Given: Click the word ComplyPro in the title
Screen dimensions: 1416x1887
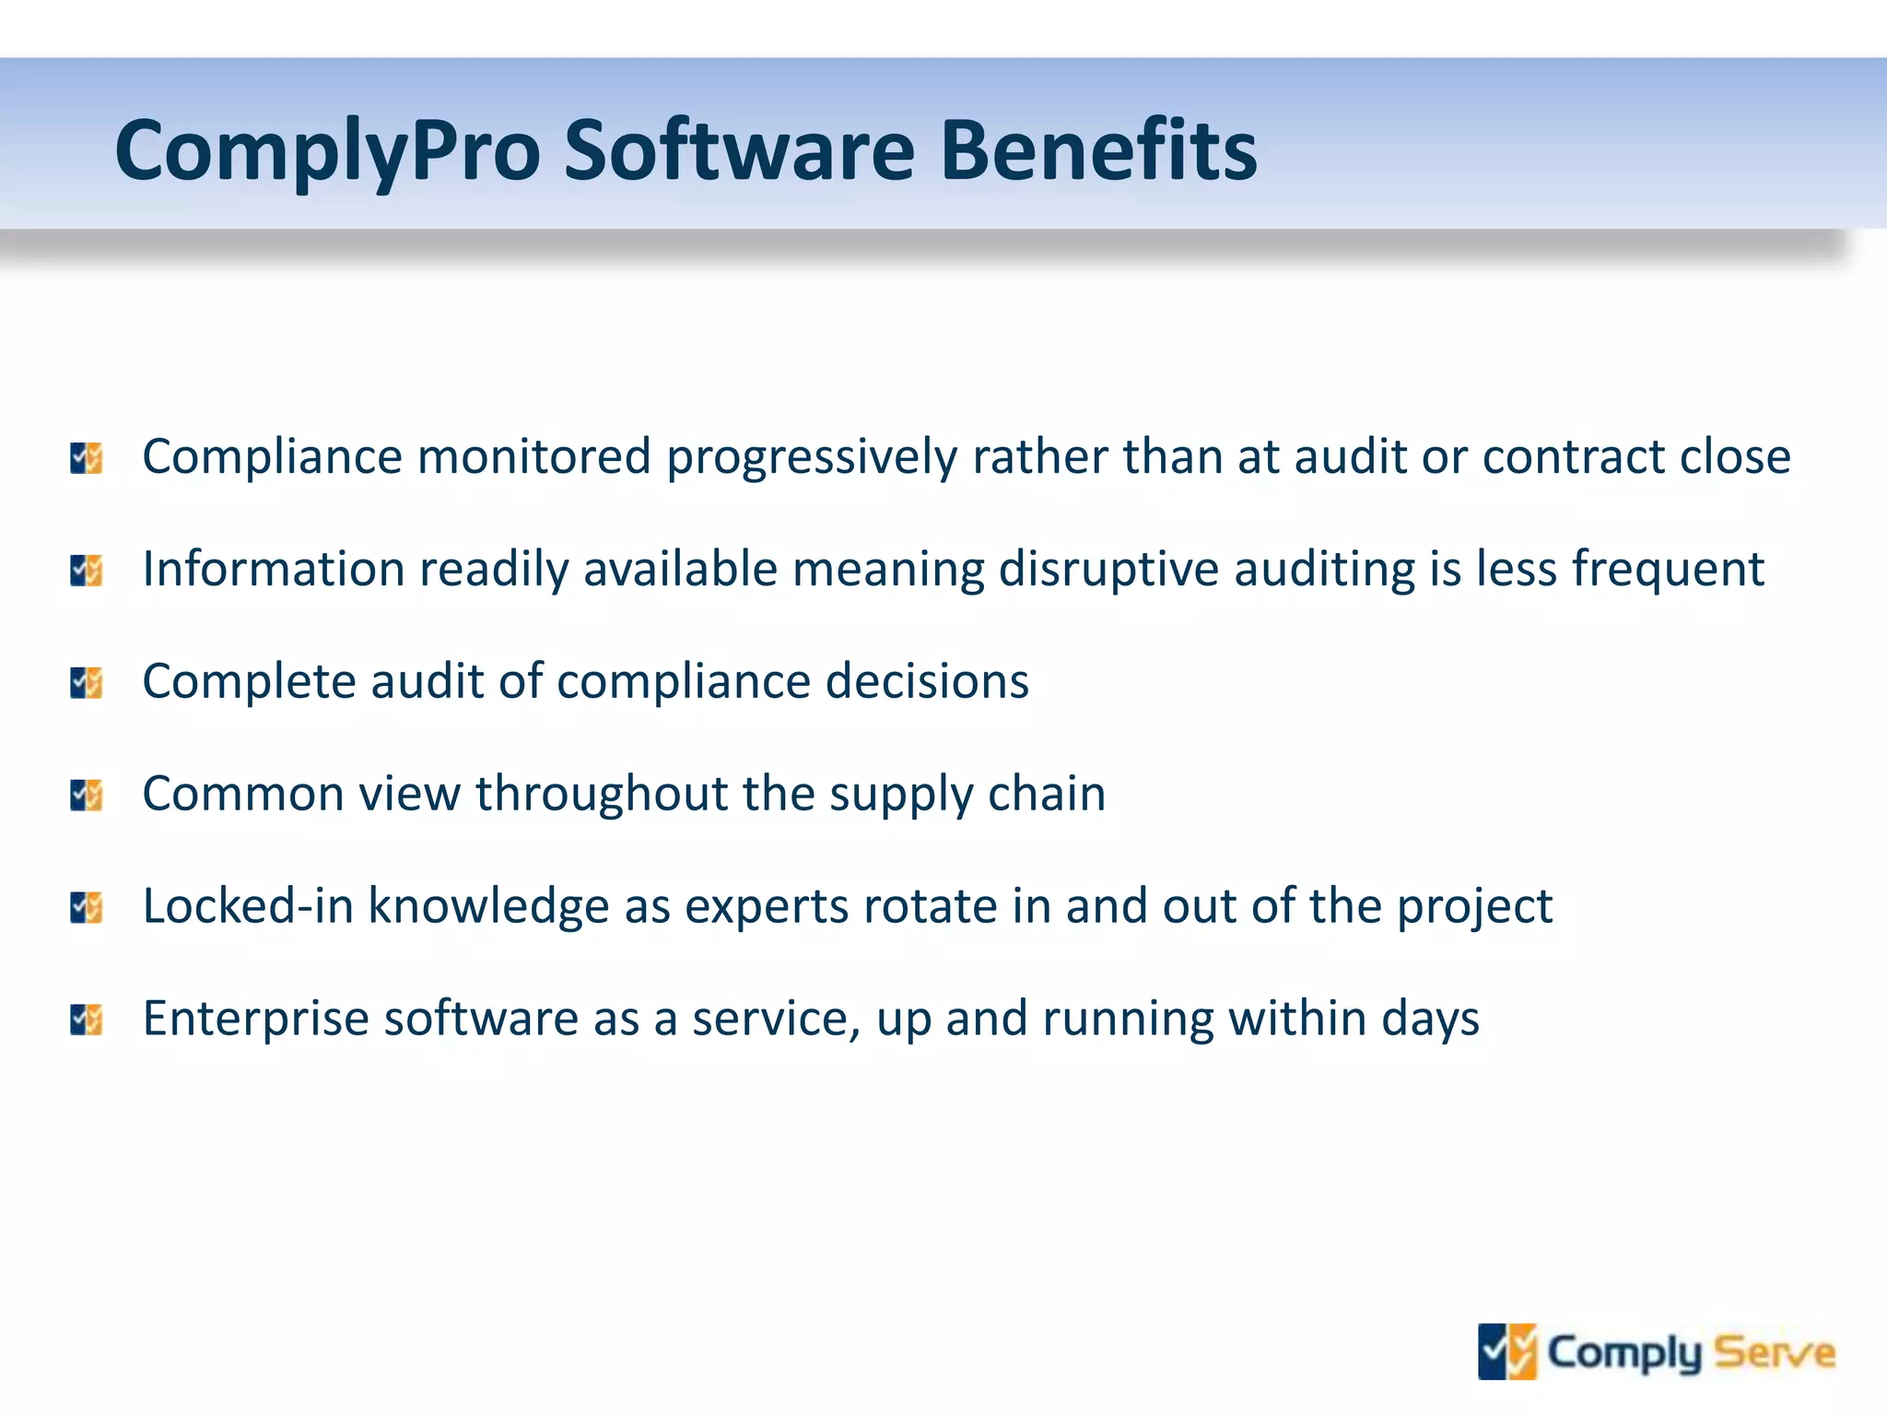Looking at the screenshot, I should point(327,151).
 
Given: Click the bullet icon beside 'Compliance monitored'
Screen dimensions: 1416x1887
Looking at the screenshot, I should point(87,458).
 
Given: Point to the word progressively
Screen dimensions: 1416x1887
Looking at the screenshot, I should point(812,458).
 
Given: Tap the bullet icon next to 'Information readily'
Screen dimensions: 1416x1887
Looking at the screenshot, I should point(87,571).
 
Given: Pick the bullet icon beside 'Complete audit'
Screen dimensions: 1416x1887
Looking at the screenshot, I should point(87,683).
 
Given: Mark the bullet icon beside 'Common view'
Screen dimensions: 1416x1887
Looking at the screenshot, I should point(87,796).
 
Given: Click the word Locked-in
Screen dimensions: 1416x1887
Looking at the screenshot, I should point(248,907).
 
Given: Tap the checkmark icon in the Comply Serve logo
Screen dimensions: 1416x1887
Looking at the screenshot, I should point(1507,1352).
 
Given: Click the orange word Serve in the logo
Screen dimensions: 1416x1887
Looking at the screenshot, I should point(1775,1353).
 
